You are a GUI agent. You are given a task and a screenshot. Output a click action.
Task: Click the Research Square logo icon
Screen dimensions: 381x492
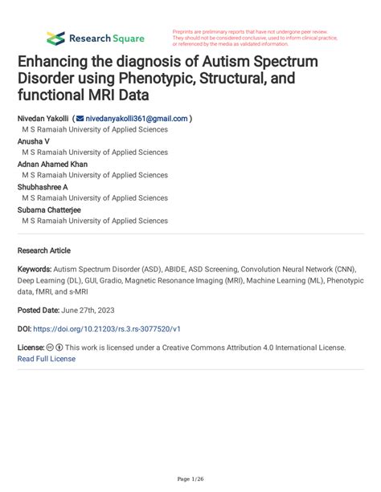pos(55,38)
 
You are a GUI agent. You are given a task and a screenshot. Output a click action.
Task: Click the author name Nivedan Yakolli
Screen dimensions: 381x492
pos(43,117)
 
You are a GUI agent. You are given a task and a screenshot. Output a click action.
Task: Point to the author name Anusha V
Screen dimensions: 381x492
pos(34,140)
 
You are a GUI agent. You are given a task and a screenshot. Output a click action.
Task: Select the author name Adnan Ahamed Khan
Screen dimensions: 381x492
pos(52,164)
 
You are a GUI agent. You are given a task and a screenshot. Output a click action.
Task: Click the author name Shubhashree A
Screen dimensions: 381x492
pos(43,186)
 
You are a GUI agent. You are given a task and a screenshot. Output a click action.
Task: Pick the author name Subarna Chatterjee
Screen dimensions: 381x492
pos(49,209)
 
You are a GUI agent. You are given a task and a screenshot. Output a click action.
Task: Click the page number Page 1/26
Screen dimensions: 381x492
pos(190,479)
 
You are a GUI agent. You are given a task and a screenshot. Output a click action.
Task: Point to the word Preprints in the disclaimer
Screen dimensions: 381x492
pos(186,30)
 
